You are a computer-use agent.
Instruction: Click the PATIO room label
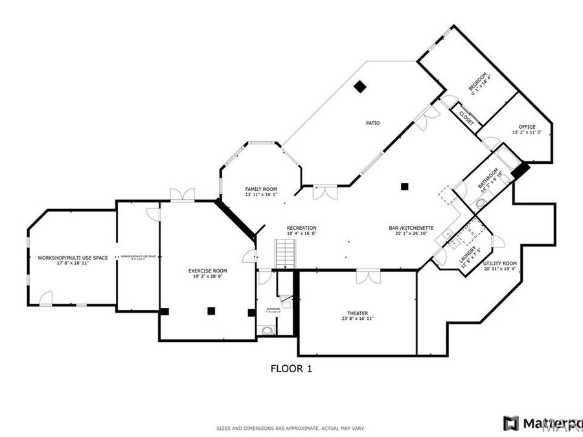(372, 122)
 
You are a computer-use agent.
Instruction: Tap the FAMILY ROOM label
(261, 189)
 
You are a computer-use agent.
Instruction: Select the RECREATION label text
(302, 228)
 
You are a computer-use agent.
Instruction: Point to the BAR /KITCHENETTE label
(411, 228)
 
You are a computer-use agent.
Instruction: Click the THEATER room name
(358, 313)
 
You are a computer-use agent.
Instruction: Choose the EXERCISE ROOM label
(207, 271)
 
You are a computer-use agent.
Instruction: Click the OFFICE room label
(527, 126)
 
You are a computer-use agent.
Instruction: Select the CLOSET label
(466, 117)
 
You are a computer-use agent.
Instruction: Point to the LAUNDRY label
(471, 250)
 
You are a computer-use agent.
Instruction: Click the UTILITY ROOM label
(500, 263)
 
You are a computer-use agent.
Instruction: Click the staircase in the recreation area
(285, 253)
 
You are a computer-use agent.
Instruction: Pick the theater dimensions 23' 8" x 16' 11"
(358, 319)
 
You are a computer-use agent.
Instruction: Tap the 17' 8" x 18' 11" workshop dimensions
(73, 263)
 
